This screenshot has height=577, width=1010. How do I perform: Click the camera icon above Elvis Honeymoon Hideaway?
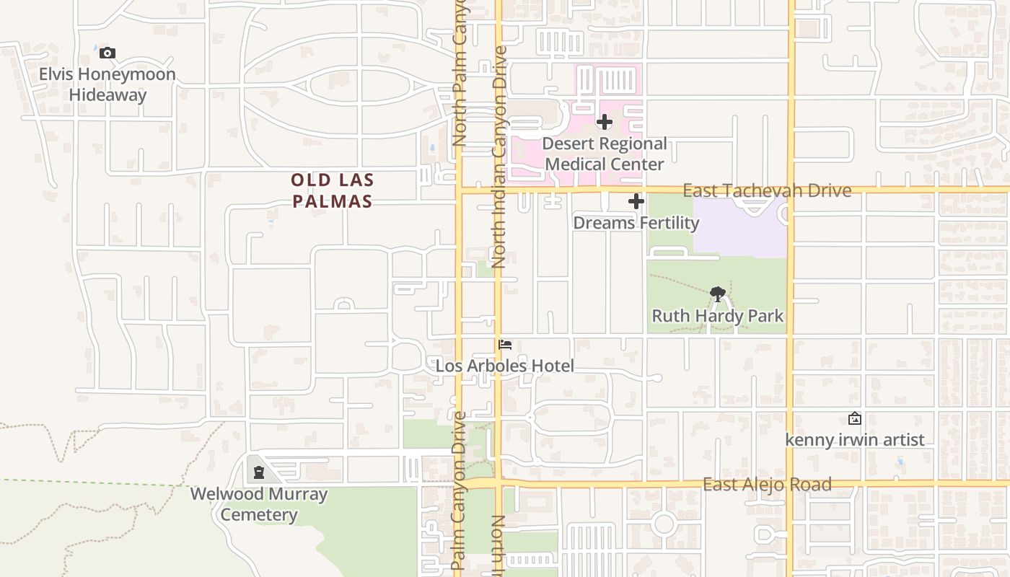click(x=107, y=53)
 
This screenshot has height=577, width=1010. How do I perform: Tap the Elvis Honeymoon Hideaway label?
click(x=107, y=84)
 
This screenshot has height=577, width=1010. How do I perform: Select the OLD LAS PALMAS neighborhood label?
click(x=333, y=190)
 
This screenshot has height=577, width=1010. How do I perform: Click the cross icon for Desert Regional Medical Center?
click(x=605, y=122)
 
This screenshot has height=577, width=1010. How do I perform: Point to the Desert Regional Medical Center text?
click(x=605, y=154)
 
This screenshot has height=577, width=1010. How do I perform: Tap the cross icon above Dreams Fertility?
click(x=636, y=201)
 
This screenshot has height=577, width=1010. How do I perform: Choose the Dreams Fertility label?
click(x=636, y=223)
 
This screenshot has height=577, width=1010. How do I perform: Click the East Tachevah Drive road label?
click(x=766, y=190)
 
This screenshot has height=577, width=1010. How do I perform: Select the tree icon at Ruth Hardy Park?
click(x=717, y=294)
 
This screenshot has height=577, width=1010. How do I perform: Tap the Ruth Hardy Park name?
click(x=717, y=316)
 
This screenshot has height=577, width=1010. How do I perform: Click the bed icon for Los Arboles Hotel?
click(x=505, y=345)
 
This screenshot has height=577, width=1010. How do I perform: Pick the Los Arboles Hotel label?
click(x=505, y=366)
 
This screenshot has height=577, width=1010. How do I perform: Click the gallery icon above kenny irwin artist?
click(x=854, y=418)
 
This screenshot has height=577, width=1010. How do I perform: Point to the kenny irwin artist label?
click(x=854, y=440)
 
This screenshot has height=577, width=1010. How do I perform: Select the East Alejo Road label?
click(x=767, y=484)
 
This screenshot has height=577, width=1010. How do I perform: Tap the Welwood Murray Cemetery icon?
click(x=258, y=473)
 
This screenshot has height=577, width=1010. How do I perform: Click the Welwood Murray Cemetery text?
click(x=258, y=504)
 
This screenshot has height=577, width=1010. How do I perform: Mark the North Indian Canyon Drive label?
click(x=499, y=157)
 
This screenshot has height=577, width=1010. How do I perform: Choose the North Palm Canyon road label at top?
click(x=460, y=72)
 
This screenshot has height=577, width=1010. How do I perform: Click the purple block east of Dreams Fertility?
click(x=743, y=227)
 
